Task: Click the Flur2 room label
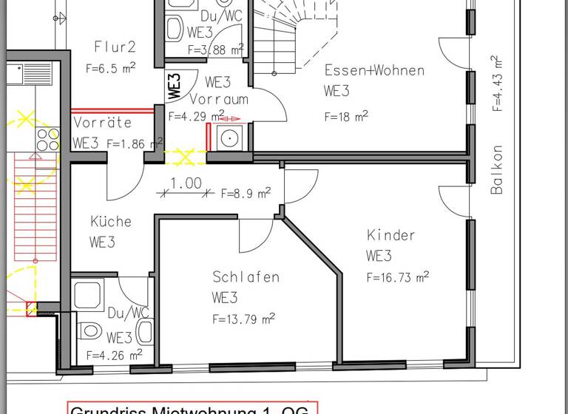tap(115, 47)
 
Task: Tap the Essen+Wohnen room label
tap(374, 71)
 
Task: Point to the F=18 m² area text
tap(346, 116)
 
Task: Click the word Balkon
tap(497, 170)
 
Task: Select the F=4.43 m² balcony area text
tap(497, 82)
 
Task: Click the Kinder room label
tap(391, 235)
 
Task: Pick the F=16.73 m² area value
tap(398, 278)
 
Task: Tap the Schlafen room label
tap(246, 277)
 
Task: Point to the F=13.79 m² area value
tap(244, 319)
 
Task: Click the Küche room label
tap(111, 221)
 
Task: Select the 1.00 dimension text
tap(186, 183)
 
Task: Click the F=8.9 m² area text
tap(246, 194)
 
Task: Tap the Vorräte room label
tap(102, 122)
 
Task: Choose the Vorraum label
tap(219, 98)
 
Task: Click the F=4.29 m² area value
tap(196, 116)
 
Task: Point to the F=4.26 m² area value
tap(114, 355)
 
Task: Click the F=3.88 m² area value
tap(216, 50)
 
